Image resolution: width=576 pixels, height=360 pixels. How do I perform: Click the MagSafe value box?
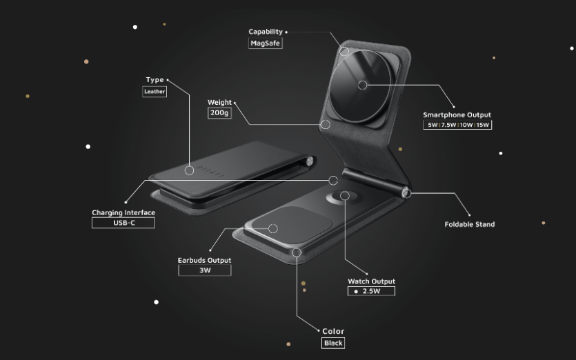[x=265, y=43]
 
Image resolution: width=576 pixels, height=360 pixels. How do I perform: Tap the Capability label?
[x=266, y=32]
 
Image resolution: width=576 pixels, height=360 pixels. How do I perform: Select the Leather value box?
[x=155, y=92]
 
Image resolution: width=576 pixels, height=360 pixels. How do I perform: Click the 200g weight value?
[x=219, y=113]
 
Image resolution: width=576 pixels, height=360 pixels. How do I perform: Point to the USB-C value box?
[x=123, y=223]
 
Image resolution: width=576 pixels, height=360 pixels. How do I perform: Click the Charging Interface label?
[x=123, y=212]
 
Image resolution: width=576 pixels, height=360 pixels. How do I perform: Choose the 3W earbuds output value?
[x=205, y=270]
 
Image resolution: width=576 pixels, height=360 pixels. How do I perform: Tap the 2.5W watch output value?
[x=371, y=291]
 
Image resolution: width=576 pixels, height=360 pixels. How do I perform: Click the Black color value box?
[x=333, y=343]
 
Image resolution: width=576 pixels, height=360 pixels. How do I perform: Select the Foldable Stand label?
[x=470, y=224]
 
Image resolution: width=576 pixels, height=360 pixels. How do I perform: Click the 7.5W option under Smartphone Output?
[x=448, y=125]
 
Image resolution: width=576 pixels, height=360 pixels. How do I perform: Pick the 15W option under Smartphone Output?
[x=483, y=125]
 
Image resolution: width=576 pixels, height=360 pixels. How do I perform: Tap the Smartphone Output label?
[x=457, y=114]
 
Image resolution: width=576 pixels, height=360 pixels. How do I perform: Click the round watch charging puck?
[x=344, y=197]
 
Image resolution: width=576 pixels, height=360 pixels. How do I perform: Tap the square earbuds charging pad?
[x=292, y=223]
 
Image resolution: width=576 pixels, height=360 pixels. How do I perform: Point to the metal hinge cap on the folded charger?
[x=310, y=161]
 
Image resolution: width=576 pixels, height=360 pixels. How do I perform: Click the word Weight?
[x=219, y=103]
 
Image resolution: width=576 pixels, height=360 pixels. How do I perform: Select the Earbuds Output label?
[x=205, y=261]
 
